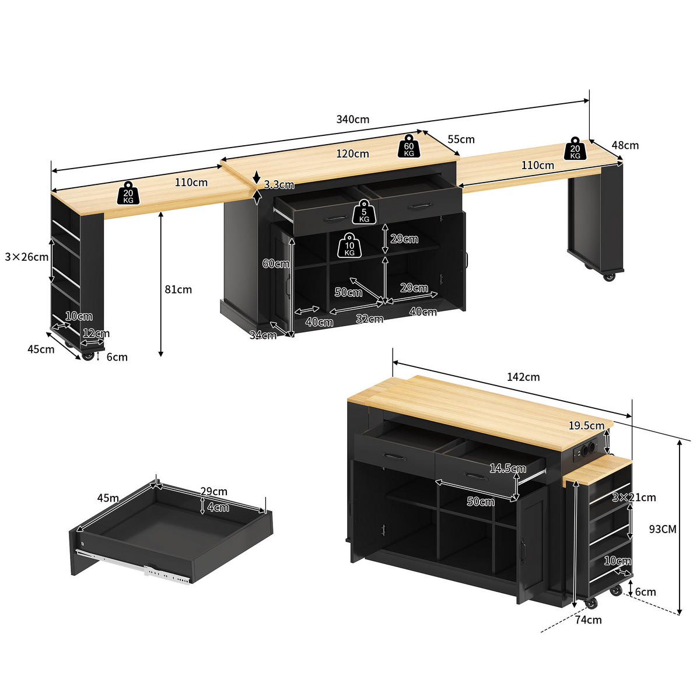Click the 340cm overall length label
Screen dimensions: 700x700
(x=352, y=119)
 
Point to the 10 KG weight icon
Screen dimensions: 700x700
(x=349, y=246)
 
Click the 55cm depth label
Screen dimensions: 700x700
(x=461, y=139)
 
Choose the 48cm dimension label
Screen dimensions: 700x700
(x=625, y=145)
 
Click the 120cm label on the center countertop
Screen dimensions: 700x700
(x=352, y=153)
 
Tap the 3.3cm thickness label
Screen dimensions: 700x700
(x=279, y=184)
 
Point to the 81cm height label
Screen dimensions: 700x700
(x=178, y=289)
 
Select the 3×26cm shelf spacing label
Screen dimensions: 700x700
(x=26, y=257)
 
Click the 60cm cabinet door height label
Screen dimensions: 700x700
(x=276, y=264)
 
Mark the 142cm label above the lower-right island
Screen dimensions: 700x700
(x=523, y=377)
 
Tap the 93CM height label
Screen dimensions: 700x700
(x=663, y=529)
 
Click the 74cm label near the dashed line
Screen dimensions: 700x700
(x=588, y=619)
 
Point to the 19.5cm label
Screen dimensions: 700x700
(x=586, y=425)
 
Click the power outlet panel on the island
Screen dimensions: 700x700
(x=585, y=452)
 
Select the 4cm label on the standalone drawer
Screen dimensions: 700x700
(x=218, y=507)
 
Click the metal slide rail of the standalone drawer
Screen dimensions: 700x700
(x=134, y=566)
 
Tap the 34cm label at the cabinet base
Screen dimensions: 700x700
(x=263, y=335)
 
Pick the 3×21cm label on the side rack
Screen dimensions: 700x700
(x=634, y=497)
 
